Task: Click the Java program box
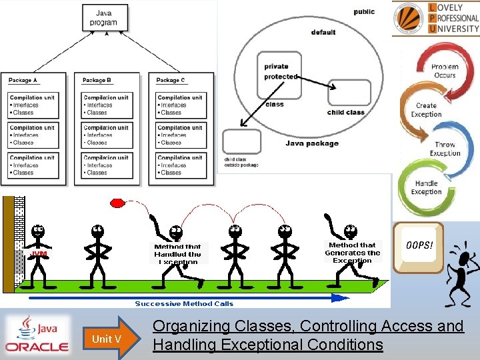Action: click(x=104, y=18)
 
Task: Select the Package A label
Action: click(x=23, y=81)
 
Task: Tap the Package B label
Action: click(x=97, y=81)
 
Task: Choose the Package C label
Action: click(x=171, y=81)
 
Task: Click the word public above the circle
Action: click(x=364, y=11)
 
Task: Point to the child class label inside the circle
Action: click(x=346, y=113)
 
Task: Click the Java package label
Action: click(x=312, y=143)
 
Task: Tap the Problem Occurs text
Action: click(x=444, y=71)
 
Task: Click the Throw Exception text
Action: click(x=445, y=149)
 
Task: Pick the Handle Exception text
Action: click(x=427, y=187)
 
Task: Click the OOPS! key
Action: click(x=419, y=247)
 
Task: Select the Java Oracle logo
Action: click(x=37, y=334)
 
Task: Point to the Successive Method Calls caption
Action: click(x=184, y=304)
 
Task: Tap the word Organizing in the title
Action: click(x=190, y=326)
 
